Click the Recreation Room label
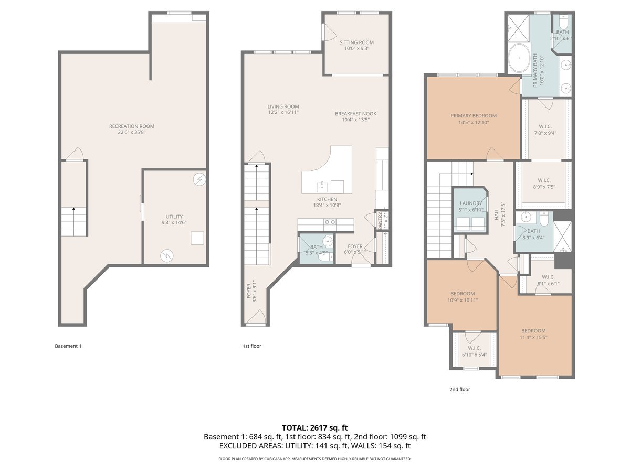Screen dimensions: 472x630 point(132,126)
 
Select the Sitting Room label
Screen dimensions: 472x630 point(356,42)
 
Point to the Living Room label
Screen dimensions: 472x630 point(283,106)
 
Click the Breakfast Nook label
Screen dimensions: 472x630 point(355,114)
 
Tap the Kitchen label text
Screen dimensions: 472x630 point(327,199)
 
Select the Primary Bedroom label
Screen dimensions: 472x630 point(473,116)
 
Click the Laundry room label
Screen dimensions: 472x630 point(470,203)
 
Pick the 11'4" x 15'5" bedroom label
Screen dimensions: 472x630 point(533,331)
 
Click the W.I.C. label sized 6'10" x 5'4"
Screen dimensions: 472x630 point(474,348)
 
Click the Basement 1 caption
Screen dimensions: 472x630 point(68,346)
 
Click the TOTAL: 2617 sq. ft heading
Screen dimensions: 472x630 point(314,428)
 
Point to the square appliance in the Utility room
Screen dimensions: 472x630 point(197,238)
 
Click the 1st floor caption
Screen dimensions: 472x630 point(251,346)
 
